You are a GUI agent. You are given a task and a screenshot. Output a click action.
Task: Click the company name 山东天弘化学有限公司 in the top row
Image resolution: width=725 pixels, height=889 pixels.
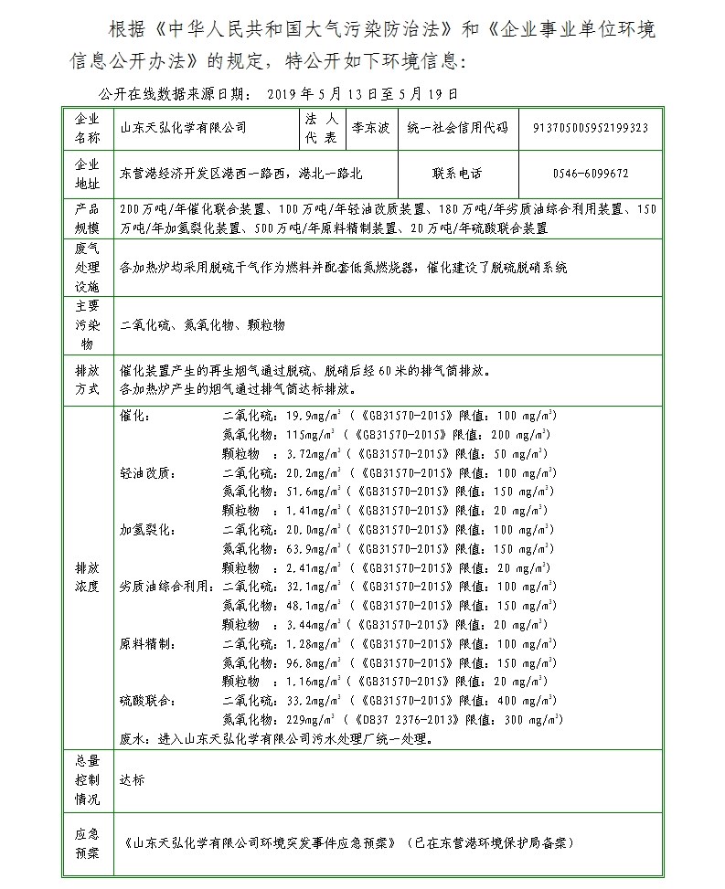pos(184,129)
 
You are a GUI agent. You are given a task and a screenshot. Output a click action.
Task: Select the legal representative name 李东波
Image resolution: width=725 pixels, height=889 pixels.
pos(370,129)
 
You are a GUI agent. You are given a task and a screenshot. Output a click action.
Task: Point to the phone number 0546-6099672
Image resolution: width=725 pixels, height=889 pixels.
pos(591,173)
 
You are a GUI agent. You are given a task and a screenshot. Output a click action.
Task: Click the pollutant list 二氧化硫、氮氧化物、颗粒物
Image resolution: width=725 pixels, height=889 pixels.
pos(203,325)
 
